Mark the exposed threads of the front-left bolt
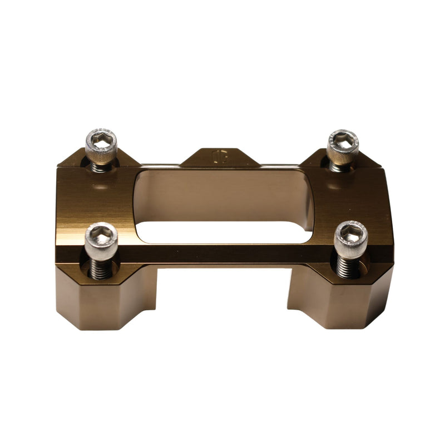click(100, 269)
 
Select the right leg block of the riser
click(339, 300)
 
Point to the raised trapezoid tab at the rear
click(220, 157)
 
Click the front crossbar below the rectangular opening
click(222, 253)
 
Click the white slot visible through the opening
click(222, 233)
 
